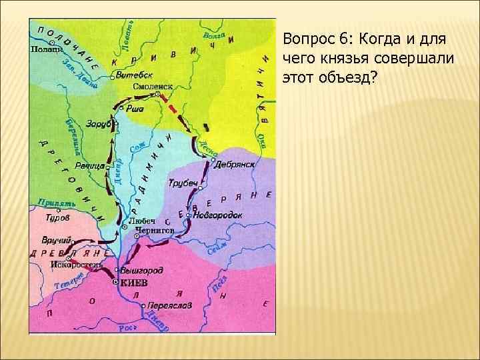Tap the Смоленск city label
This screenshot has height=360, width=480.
[153, 87]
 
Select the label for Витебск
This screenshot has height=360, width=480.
[134, 75]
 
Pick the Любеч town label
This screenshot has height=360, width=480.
[141, 221]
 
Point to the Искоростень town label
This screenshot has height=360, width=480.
[77, 264]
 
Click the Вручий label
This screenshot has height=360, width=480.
[55, 239]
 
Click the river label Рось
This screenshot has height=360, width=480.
[127, 327]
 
